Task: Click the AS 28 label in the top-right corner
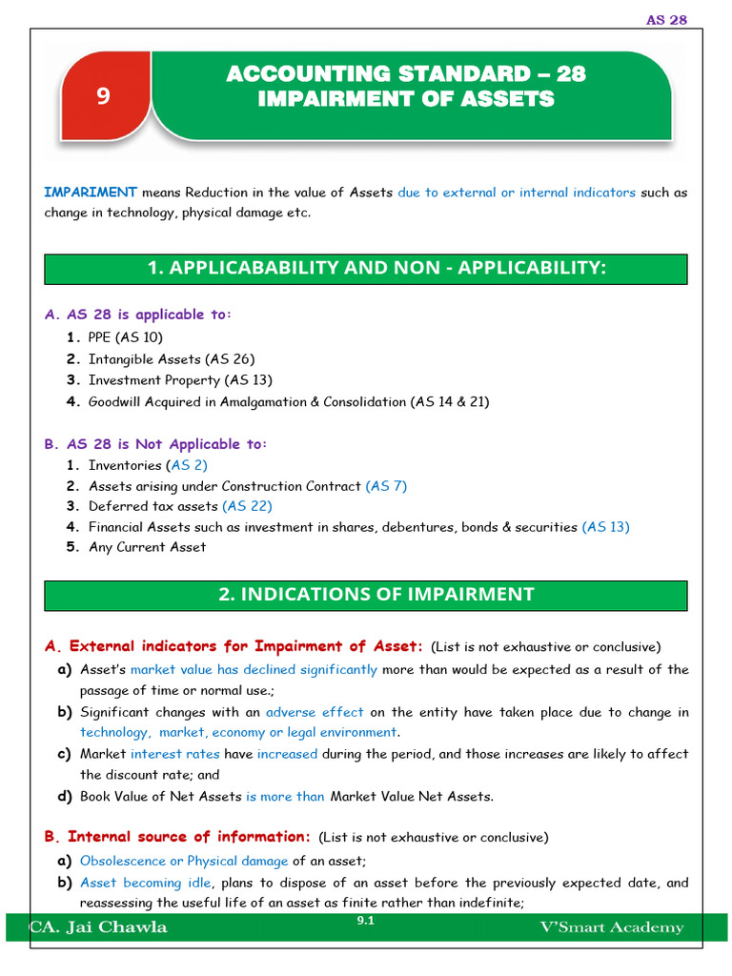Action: click(666, 19)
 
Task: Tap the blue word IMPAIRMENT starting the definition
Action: click(91, 192)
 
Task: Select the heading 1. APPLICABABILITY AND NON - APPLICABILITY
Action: click(365, 269)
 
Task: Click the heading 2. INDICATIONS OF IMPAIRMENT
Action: click(365, 594)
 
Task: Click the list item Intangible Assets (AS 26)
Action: click(172, 359)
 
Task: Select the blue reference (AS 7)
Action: click(386, 486)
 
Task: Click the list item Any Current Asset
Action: click(147, 547)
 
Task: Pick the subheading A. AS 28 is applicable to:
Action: click(138, 315)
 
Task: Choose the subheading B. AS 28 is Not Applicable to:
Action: click(156, 444)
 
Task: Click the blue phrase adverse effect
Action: click(315, 712)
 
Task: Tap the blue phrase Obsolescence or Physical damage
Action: click(184, 861)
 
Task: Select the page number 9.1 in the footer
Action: click(365, 921)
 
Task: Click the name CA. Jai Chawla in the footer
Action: click(99, 927)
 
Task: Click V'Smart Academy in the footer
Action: click(611, 927)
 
